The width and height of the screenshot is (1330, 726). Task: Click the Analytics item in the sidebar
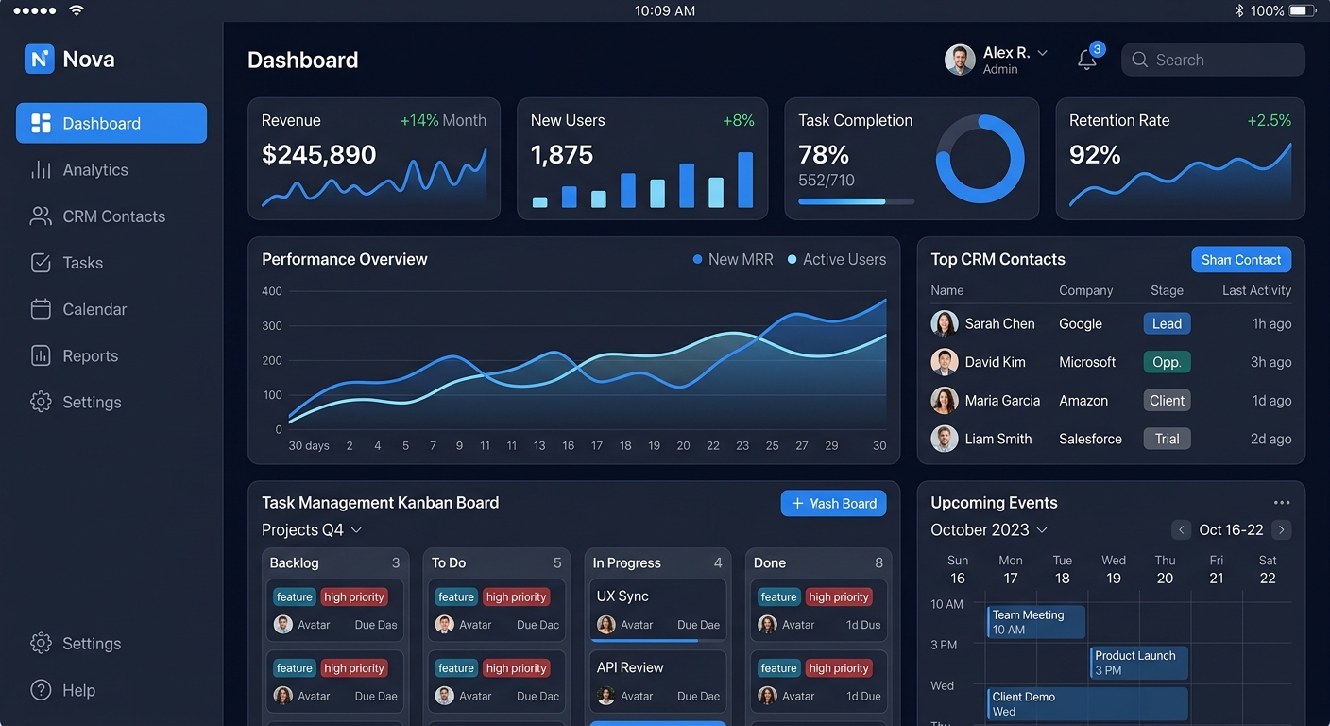[x=94, y=170]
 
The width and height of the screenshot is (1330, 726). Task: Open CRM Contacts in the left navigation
[x=113, y=216]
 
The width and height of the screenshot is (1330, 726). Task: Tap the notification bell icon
[x=1087, y=60]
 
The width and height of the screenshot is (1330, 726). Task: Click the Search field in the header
[x=1213, y=60]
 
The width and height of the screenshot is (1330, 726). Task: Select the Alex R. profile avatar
[x=960, y=60]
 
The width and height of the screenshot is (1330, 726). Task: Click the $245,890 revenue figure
[x=318, y=155]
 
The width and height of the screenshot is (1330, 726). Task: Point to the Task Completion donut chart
[x=980, y=159]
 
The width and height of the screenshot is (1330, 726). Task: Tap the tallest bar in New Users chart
[x=745, y=180]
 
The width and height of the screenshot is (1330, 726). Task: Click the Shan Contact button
[x=1240, y=260]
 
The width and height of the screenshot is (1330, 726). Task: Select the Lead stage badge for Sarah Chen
[x=1167, y=323]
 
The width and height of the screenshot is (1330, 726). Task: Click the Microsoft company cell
[x=1087, y=362]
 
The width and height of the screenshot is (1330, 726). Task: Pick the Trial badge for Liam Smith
[x=1167, y=439]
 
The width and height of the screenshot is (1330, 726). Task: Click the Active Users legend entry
[x=837, y=259]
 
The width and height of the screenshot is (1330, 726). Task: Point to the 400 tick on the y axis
[x=272, y=291]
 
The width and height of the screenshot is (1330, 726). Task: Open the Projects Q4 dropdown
[x=312, y=530]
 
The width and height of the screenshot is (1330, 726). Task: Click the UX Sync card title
[x=622, y=596]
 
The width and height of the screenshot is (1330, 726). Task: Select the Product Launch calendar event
[x=1138, y=662]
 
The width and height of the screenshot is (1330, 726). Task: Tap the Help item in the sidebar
[x=78, y=690]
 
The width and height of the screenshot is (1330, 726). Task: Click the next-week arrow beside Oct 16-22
[x=1281, y=529]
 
